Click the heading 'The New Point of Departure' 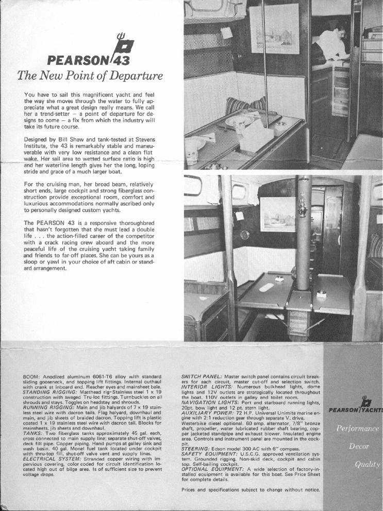coord(90,76)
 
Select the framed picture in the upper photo coord(274,29)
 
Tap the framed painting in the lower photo coord(278,214)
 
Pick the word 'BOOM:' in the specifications coord(32,377)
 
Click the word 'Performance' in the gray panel coord(358,428)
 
